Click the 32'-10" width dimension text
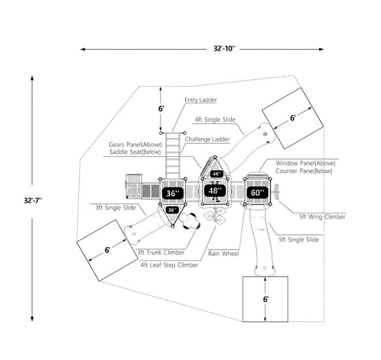pos(224,48)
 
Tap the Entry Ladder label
pos(200,100)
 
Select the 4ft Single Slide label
pos(214,119)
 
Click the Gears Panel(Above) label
pos(132,144)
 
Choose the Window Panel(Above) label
pos(305,163)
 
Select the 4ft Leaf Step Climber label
pos(169,265)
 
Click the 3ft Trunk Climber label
pos(161,252)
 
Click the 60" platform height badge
pos(257,192)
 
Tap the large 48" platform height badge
pos(215,191)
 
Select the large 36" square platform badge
pos(172,193)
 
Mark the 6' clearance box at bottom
pos(265,299)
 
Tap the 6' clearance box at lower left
pos(107,250)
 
